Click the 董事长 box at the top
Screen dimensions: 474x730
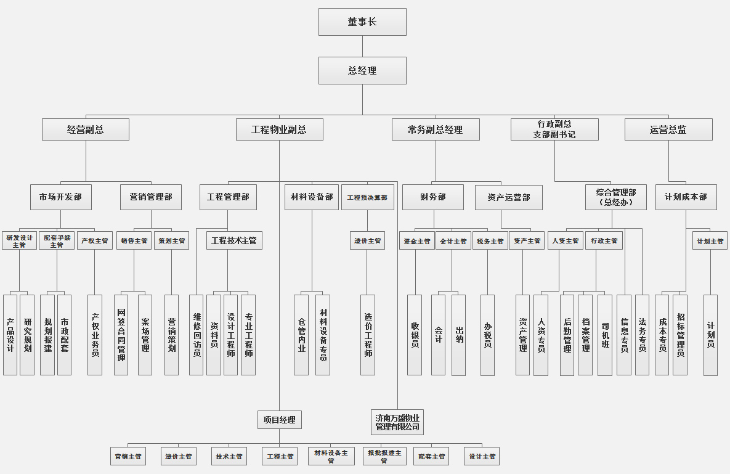tap(362, 22)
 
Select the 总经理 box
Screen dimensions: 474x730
tap(362, 70)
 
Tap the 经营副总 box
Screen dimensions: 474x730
tap(86, 129)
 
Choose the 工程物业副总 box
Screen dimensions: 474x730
tap(279, 129)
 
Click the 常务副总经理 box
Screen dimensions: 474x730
tap(435, 129)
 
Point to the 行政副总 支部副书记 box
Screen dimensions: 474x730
tap(554, 129)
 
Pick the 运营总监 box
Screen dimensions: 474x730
tap(668, 129)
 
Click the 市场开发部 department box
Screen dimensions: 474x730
tap(61, 197)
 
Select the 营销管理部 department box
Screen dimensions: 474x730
tap(151, 197)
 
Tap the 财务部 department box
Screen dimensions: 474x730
tap(433, 197)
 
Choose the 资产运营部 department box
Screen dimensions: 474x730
tap(509, 197)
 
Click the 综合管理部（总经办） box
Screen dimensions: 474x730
tap(616, 197)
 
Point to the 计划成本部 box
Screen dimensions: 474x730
tap(686, 197)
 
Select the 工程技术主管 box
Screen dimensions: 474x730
tap(234, 240)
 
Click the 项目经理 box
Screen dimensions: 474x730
tap(280, 420)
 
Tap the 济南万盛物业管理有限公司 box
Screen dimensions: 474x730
tap(397, 422)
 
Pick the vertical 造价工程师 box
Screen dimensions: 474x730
tap(368, 335)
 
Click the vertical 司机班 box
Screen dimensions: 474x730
tap(605, 335)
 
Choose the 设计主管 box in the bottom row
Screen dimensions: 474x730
tap(482, 456)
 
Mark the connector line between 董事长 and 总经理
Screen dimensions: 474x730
tap(362, 46)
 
